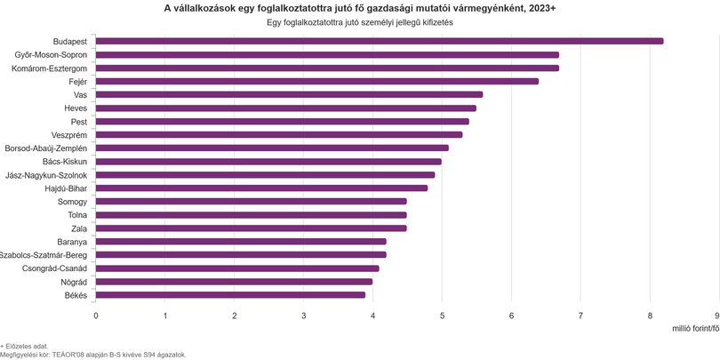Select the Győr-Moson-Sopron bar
point(327,54)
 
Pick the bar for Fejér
point(316,81)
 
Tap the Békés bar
point(230,295)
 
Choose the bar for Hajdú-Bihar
point(261,188)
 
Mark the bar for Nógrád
point(234,282)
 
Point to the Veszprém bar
point(279,134)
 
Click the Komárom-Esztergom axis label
point(49,68)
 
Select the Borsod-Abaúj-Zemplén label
point(45,148)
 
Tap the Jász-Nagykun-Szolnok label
point(45,175)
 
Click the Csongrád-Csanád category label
point(54,268)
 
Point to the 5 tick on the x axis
point(442,316)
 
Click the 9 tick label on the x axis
point(717,316)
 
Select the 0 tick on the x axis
point(96,316)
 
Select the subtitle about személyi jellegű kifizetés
point(360,22)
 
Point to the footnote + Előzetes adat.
point(24,346)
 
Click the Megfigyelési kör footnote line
point(93,355)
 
